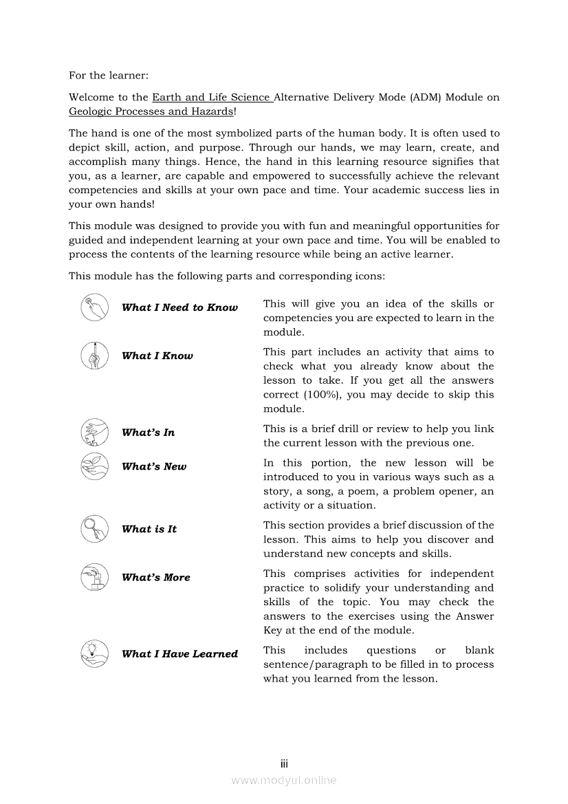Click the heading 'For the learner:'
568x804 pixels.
tap(108, 75)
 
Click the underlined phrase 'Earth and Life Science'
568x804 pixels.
tap(212, 97)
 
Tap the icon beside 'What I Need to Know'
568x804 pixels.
tap(94, 307)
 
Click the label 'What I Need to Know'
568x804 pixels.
tap(179, 307)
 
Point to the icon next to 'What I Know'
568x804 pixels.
tap(94, 356)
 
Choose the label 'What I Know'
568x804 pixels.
tap(157, 356)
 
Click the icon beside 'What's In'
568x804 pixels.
tap(94, 433)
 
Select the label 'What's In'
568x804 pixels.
tap(148, 433)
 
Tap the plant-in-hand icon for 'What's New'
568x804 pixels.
tap(94, 466)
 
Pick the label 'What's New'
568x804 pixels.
tap(153, 466)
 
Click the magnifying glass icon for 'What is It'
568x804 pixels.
tap(94, 529)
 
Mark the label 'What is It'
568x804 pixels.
tap(149, 529)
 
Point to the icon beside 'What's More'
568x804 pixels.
tap(94, 577)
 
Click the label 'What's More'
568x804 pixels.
tap(155, 577)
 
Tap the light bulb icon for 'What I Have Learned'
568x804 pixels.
tap(94, 653)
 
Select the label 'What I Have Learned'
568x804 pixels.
tap(179, 653)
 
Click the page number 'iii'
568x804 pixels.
tap(284, 763)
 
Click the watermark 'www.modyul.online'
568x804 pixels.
tap(284, 780)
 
